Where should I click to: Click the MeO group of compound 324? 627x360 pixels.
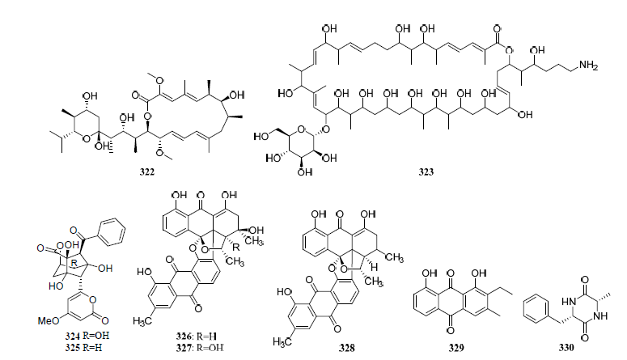click(35, 323)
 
